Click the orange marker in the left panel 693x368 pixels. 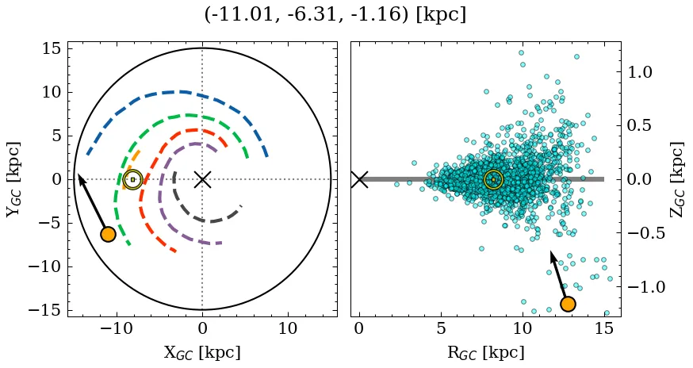coord(109,234)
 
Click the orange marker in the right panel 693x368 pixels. coord(568,304)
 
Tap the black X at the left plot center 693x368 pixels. coord(202,179)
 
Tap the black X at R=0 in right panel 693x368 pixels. coord(359,179)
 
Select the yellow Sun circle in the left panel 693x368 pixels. coord(132,179)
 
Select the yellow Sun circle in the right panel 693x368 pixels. coord(493,179)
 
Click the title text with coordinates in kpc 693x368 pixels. coord(335,15)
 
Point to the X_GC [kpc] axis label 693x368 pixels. coord(202,353)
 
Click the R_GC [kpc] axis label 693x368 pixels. coord(485,353)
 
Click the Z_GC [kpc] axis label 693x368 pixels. coord(676,179)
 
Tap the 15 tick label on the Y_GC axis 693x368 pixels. coord(52,48)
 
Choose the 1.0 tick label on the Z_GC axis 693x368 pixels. coord(645,71)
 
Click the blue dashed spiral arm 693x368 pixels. coord(182,92)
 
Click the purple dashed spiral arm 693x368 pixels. coord(162,190)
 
